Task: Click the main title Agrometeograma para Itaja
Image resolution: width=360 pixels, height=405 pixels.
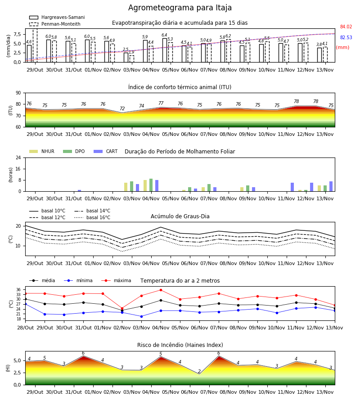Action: click(180, 8)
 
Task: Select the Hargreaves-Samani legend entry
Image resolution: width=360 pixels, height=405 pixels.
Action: click(57, 17)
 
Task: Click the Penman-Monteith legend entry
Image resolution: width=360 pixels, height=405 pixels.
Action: click(55, 24)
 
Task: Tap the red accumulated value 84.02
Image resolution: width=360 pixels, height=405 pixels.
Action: click(346, 27)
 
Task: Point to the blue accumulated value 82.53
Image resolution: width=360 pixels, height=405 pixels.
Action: click(346, 37)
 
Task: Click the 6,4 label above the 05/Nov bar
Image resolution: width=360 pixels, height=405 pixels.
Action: click(164, 35)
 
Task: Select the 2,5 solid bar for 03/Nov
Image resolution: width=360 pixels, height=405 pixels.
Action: click(126, 57)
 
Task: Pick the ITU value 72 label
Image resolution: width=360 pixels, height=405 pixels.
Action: click(122, 108)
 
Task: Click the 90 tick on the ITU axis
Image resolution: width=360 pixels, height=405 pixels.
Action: click(18, 93)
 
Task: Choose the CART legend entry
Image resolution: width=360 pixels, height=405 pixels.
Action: click(105, 151)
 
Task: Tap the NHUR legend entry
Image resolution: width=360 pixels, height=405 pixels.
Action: click(42, 151)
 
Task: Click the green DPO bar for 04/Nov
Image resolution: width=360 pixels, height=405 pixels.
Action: click(151, 185)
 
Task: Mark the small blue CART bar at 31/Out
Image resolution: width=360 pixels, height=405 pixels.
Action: click(79, 191)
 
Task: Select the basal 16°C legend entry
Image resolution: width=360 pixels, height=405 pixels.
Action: click(92, 217)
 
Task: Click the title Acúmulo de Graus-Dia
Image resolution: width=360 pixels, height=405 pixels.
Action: click(180, 216)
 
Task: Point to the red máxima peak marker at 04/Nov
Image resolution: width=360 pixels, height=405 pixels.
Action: click(161, 290)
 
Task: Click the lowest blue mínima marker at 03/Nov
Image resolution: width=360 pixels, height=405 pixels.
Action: click(141, 316)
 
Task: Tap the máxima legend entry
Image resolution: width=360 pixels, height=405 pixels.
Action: click(116, 280)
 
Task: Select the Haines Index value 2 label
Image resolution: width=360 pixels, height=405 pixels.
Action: click(199, 371)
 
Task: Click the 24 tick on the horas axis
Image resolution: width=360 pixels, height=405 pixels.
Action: click(18, 158)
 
